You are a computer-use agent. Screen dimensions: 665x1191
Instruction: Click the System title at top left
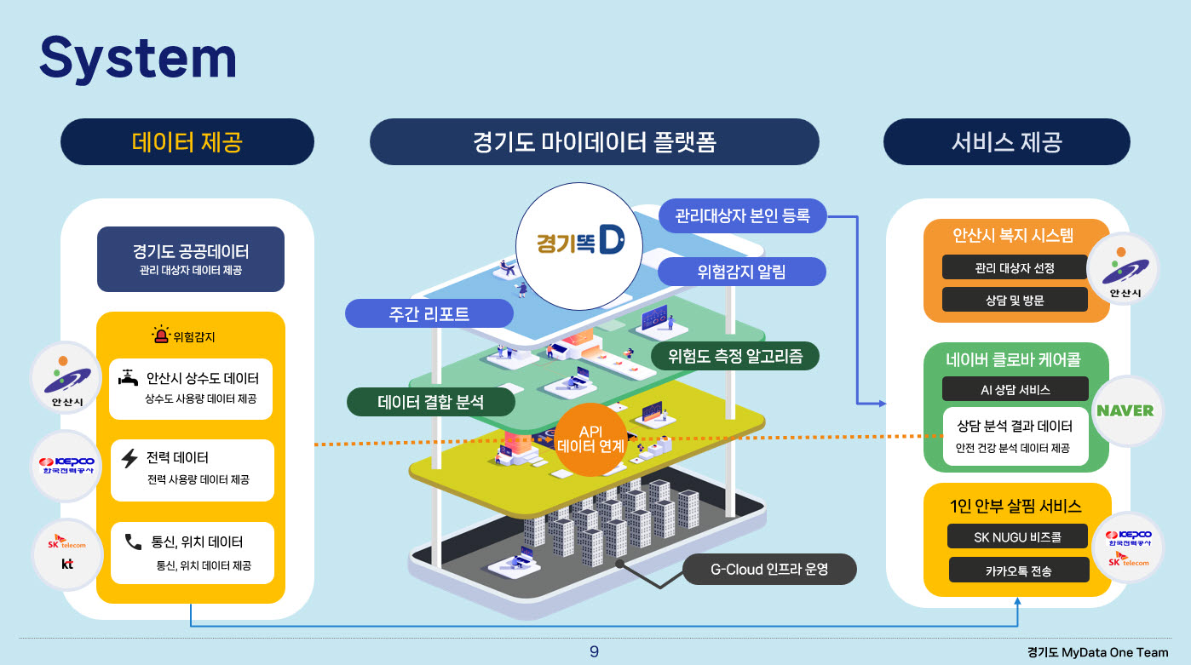click(x=138, y=59)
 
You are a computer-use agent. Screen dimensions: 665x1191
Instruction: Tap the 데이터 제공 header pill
click(x=187, y=141)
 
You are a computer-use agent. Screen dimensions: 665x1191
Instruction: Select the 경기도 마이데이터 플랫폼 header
click(x=594, y=141)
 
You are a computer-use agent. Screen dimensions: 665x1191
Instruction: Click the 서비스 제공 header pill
click(x=1006, y=141)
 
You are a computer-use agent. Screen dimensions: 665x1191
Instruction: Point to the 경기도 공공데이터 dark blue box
click(x=191, y=259)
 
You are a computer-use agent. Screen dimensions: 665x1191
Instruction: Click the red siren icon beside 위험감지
click(x=160, y=335)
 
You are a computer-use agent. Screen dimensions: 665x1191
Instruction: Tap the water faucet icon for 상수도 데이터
click(x=129, y=377)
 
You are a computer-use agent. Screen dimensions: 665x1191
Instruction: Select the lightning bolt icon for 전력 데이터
click(x=129, y=459)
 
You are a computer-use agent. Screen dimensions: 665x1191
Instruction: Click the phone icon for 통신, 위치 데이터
click(x=133, y=542)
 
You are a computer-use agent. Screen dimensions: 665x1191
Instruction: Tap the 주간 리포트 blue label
click(x=429, y=313)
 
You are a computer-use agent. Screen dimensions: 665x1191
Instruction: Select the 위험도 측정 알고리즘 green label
click(x=734, y=355)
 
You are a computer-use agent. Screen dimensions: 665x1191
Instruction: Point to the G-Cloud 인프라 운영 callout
click(x=768, y=569)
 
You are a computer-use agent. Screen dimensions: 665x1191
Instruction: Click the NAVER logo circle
click(x=1125, y=410)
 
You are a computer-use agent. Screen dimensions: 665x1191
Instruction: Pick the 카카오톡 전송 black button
click(x=1018, y=570)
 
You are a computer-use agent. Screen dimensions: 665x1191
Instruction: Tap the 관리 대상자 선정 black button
click(x=1015, y=267)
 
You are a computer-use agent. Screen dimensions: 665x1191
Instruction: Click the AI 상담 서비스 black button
click(x=1015, y=389)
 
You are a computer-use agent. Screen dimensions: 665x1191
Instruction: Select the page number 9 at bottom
click(x=594, y=652)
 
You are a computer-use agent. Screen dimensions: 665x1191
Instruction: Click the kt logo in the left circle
click(x=67, y=563)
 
